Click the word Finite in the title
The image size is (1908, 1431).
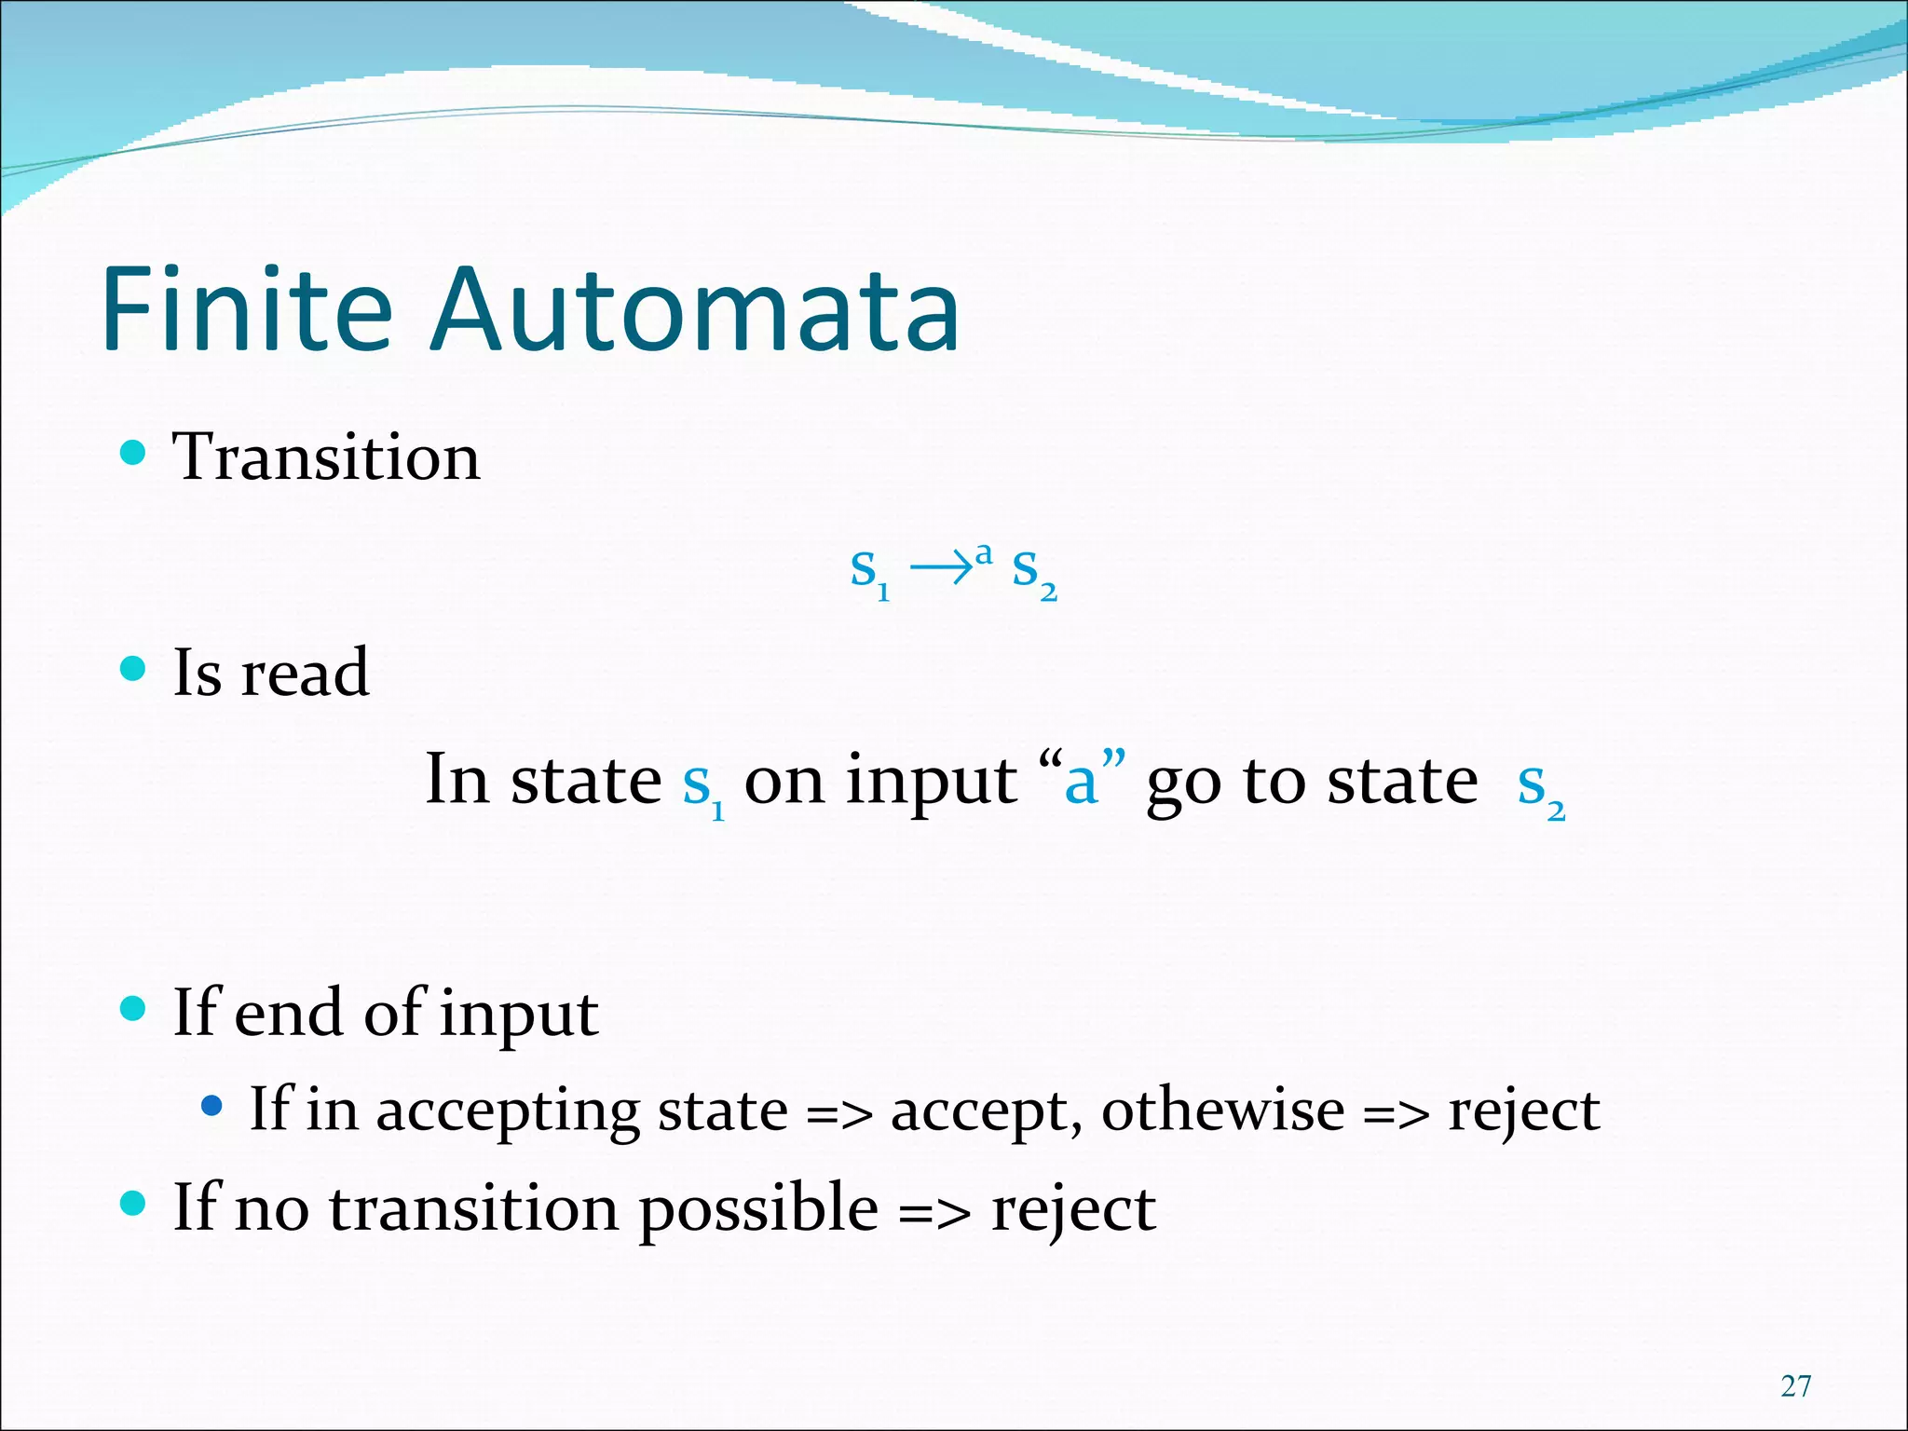click(x=247, y=309)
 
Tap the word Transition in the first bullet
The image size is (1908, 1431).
click(x=326, y=457)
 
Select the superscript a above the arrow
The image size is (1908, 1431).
click(x=983, y=553)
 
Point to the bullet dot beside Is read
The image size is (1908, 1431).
click(x=134, y=668)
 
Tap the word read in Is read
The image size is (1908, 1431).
click(x=305, y=673)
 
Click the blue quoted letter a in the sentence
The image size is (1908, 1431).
click(x=1081, y=783)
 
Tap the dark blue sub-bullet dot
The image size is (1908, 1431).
click(x=212, y=1106)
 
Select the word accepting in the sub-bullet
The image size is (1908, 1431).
click(x=507, y=1111)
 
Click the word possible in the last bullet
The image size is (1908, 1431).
click(x=758, y=1209)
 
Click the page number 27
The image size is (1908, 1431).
click(x=1795, y=1385)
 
